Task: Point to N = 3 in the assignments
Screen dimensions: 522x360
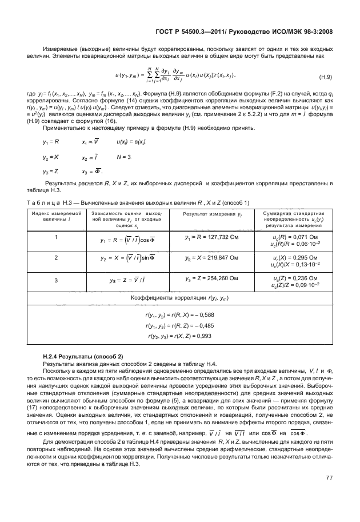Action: [123, 156]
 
